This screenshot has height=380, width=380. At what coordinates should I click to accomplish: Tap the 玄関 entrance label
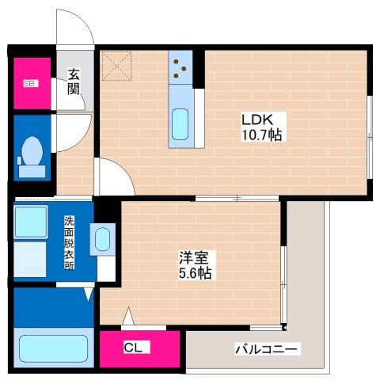[74, 82]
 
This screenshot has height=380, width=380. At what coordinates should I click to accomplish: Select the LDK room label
[257, 120]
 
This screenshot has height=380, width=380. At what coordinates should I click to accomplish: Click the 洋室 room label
[194, 257]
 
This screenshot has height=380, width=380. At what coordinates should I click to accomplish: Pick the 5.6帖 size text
[194, 273]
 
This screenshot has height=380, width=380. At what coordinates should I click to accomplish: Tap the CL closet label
[132, 346]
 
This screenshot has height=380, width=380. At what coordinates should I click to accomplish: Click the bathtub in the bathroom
[51, 348]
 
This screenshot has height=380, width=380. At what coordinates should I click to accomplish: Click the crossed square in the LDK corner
[116, 66]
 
